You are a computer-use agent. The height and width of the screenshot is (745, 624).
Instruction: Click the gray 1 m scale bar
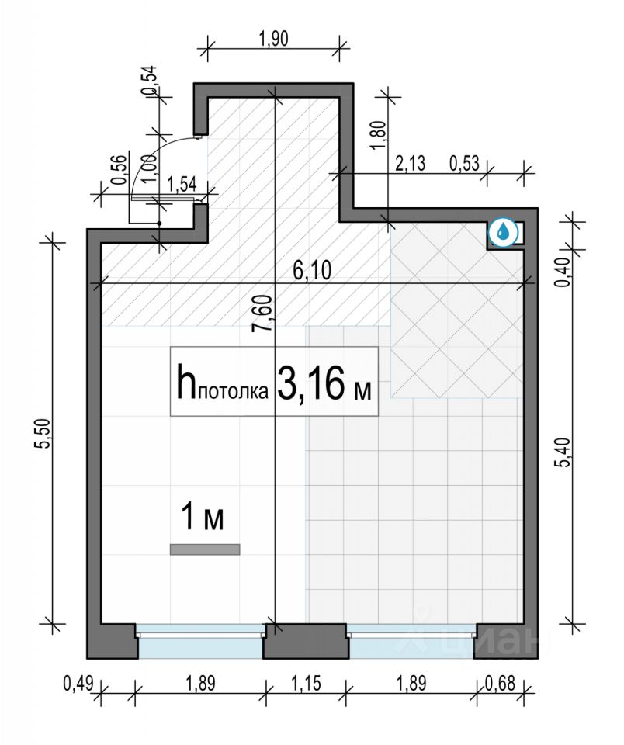coord(205,549)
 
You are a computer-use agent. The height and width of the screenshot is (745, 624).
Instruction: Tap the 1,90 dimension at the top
coord(273,39)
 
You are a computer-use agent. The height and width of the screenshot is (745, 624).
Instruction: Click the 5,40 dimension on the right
coord(563,452)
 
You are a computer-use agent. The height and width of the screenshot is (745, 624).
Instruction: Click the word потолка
coord(233,392)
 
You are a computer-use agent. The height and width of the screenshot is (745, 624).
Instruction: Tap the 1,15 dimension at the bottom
coord(305,684)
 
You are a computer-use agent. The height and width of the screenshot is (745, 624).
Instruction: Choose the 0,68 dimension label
coord(500,684)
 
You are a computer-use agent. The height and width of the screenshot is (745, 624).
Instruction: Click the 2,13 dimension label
coord(410,164)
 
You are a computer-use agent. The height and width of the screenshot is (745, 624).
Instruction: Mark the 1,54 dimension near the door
coord(182,185)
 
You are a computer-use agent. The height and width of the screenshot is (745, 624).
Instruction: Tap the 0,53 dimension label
coord(464,164)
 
